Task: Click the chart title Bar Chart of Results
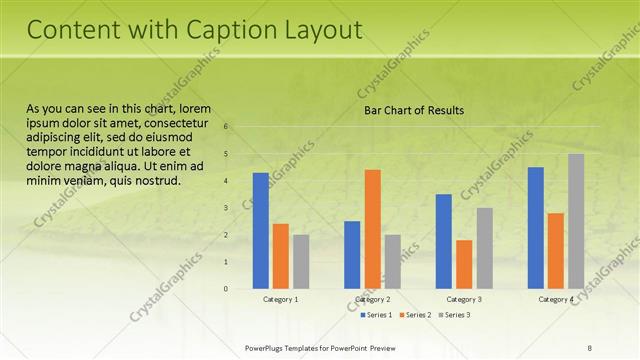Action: pos(413,110)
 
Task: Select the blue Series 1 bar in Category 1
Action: pos(261,230)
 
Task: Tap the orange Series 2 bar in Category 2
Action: pos(372,229)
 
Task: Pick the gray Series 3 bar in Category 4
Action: pos(576,221)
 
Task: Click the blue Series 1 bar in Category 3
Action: pos(444,241)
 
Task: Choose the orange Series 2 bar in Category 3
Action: pos(464,264)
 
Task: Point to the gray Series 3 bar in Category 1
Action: pos(301,261)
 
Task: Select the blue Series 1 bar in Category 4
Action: pos(535,227)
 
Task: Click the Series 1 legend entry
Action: pos(377,315)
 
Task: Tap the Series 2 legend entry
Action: pos(416,315)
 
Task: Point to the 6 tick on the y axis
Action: pos(227,127)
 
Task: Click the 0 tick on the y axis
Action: pos(227,289)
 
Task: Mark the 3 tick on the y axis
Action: pos(227,208)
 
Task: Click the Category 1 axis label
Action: pos(281,299)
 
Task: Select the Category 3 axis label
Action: pos(464,299)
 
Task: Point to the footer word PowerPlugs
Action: pos(267,347)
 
